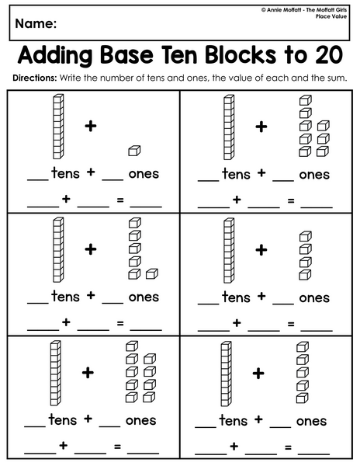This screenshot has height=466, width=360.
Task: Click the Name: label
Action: [x=36, y=23]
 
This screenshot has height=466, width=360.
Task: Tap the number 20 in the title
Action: [x=329, y=55]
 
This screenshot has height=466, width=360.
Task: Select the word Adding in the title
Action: [x=55, y=57]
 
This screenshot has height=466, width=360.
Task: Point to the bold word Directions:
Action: [x=34, y=78]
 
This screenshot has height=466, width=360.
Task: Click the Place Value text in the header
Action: [x=331, y=16]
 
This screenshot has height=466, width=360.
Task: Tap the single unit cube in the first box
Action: [x=134, y=151]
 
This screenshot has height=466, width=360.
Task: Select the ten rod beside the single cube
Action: [x=58, y=127]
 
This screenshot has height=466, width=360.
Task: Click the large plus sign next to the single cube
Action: [x=91, y=127]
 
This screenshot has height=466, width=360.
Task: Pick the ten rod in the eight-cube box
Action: [x=229, y=127]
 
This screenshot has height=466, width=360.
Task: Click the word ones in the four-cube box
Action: [x=314, y=297]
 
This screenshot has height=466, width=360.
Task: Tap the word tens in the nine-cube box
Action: [x=63, y=419]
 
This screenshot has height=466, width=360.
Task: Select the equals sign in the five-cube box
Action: [x=288, y=447]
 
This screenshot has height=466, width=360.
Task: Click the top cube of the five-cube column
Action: [x=303, y=347]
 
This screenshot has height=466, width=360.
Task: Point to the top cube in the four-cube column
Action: [x=305, y=236]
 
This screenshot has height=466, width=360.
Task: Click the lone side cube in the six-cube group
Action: [x=152, y=273]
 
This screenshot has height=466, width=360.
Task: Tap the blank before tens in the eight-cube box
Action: [x=209, y=180]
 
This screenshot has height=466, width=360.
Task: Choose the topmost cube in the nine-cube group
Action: [x=132, y=346]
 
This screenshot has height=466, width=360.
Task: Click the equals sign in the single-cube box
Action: [x=120, y=200]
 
